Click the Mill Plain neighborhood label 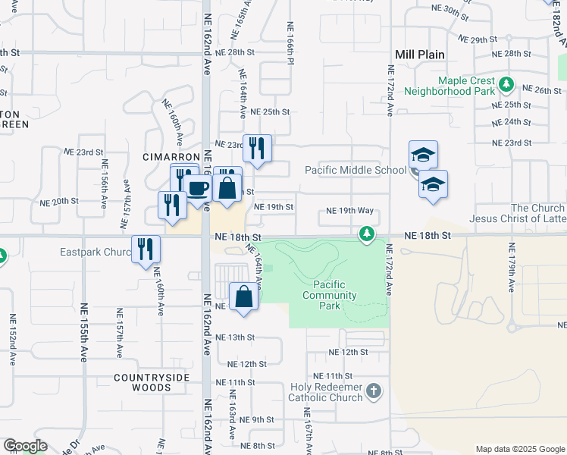(x=420, y=55)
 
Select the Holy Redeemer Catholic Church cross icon (x=373, y=391)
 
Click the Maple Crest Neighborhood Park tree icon (x=506, y=82)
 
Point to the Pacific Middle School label (x=356, y=170)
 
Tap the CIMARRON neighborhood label (x=149, y=156)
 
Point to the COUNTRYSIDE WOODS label (x=143, y=382)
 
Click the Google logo (x=25, y=446)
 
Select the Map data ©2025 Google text (x=519, y=449)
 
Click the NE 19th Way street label (x=349, y=211)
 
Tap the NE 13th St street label (x=236, y=337)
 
